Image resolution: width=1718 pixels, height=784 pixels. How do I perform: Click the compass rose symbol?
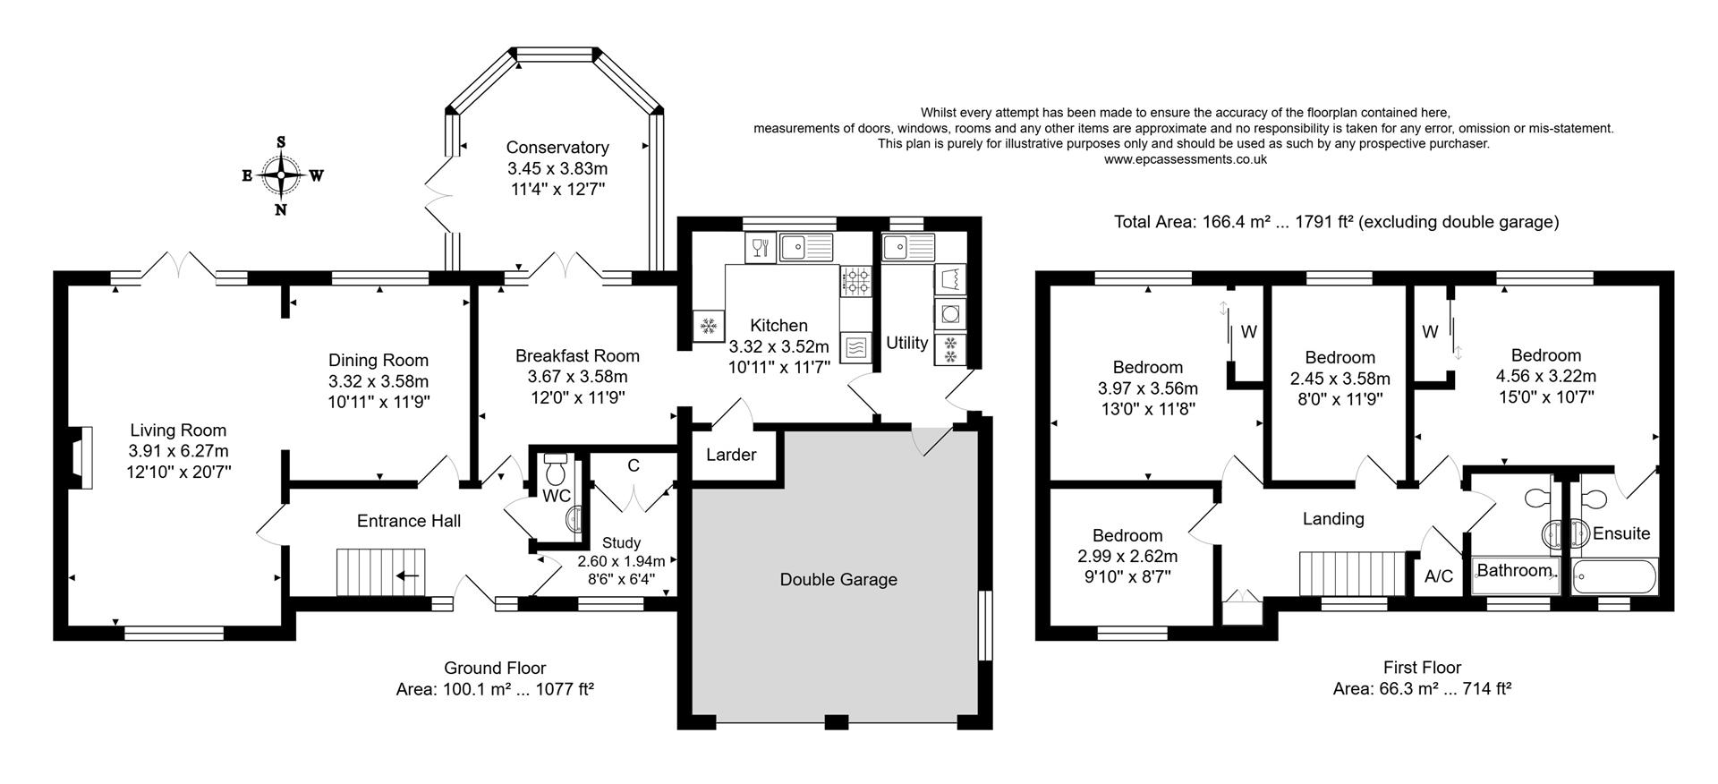click(282, 175)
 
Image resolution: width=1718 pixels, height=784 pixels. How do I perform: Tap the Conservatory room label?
click(557, 148)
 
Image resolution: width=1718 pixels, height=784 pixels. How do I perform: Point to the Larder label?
click(731, 455)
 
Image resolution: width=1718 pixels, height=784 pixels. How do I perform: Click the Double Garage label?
click(838, 580)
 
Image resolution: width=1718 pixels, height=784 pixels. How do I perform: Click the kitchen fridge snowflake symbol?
click(709, 327)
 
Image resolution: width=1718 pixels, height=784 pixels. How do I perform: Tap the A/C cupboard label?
click(1439, 576)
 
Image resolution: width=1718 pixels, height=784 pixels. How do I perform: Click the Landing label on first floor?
click(1333, 519)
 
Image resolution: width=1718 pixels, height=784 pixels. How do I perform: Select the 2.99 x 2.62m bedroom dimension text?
click(1127, 556)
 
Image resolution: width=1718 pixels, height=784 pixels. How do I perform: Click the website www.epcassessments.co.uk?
click(1185, 159)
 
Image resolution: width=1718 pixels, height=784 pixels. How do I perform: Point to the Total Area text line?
click(1336, 222)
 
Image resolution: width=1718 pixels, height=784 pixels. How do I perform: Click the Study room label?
click(621, 543)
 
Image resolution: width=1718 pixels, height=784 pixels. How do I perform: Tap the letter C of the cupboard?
click(634, 465)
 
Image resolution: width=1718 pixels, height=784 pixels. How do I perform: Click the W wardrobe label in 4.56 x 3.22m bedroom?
click(1430, 332)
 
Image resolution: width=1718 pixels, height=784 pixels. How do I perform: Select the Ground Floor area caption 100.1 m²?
click(495, 689)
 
